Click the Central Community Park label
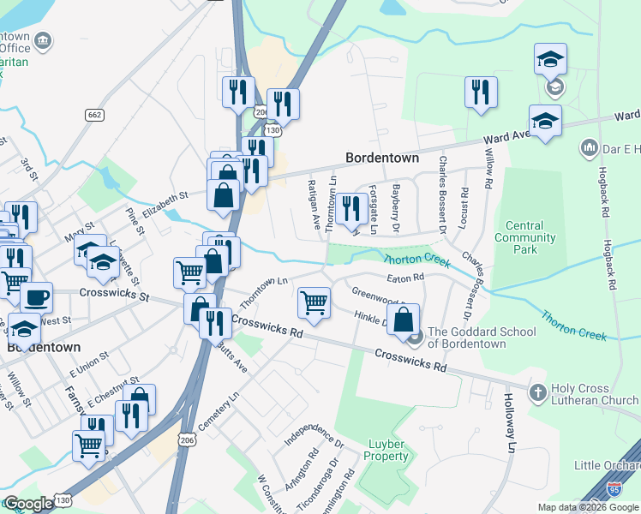[519, 237]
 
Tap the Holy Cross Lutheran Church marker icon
[537, 393]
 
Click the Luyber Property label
[388, 450]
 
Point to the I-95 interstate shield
[614, 489]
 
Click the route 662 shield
[94, 115]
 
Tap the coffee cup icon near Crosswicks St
[36, 296]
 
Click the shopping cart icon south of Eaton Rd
[315, 302]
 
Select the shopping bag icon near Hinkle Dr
[404, 319]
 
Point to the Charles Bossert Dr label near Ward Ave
[442, 194]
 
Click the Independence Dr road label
[314, 434]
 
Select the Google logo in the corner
[28, 504]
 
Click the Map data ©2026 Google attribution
[588, 507]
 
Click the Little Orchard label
[608, 465]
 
